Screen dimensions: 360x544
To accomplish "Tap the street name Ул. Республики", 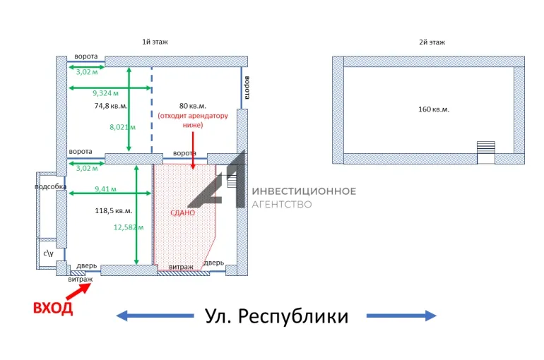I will coord(277,316).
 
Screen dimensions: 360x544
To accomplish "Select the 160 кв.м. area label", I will coord(433,109).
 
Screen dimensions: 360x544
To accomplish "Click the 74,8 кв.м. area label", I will coord(111,106).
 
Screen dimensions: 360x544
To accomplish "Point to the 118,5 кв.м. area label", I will coord(114,210).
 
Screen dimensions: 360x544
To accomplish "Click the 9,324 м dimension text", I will coord(105,92).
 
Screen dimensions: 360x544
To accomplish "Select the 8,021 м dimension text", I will coord(122,127).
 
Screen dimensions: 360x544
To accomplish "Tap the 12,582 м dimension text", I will coord(129,227).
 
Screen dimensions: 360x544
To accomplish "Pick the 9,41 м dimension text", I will coord(105,188).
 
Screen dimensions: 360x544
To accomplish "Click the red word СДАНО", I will coord(182,212).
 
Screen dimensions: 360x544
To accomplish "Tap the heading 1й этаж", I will coord(154,42).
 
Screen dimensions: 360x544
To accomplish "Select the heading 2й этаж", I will coord(431,42).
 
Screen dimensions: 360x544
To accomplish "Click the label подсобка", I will coord(51,187).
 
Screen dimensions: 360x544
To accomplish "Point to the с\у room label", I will coord(48,251).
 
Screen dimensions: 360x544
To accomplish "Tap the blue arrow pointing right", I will coord(401,316).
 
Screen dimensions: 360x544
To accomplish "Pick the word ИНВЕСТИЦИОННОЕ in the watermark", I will coord(304,191).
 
